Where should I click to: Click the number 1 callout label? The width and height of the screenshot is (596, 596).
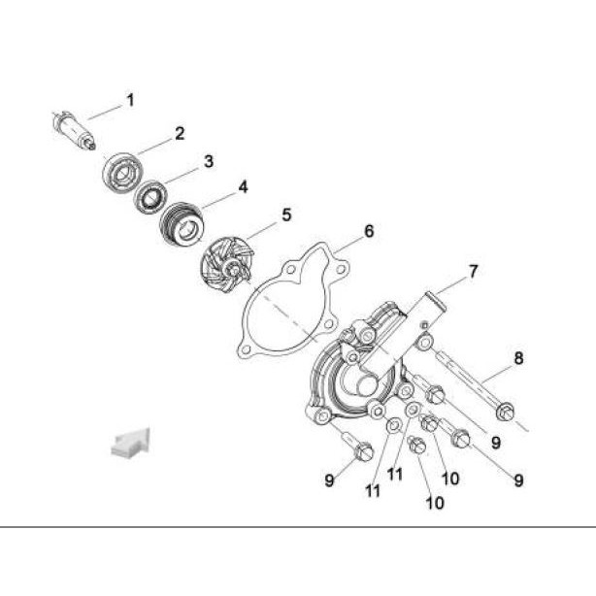[x=130, y=99]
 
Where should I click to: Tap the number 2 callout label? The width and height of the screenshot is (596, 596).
[x=180, y=134]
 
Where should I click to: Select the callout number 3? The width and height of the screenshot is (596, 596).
[x=208, y=161]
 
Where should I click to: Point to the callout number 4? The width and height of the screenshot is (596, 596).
[x=243, y=185]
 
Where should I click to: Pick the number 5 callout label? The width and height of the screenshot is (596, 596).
[x=286, y=214]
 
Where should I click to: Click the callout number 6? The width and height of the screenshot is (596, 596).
[x=369, y=231]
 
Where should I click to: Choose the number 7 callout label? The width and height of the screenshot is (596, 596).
[x=473, y=271]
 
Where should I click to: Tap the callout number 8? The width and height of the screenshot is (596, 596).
[x=518, y=358]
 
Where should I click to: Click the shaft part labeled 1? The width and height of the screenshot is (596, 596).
[x=74, y=129]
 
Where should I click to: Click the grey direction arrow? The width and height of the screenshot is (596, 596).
[x=130, y=441]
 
